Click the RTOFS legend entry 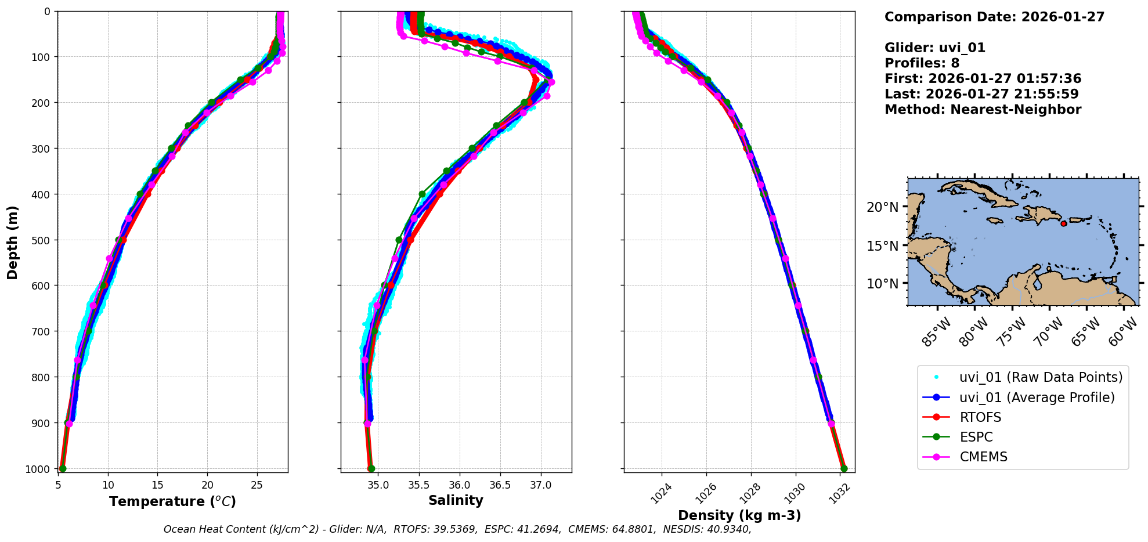point(980,418)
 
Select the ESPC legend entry point(976,438)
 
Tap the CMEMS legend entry point(983,457)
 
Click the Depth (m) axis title point(13,242)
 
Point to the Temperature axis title point(172,502)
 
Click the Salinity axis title point(456,501)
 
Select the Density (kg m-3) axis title point(739,516)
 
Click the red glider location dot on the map point(1064,223)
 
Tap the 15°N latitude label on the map point(882,246)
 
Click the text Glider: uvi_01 point(934,48)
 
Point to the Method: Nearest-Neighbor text point(983,110)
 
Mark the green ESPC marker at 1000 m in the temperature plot point(63,468)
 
